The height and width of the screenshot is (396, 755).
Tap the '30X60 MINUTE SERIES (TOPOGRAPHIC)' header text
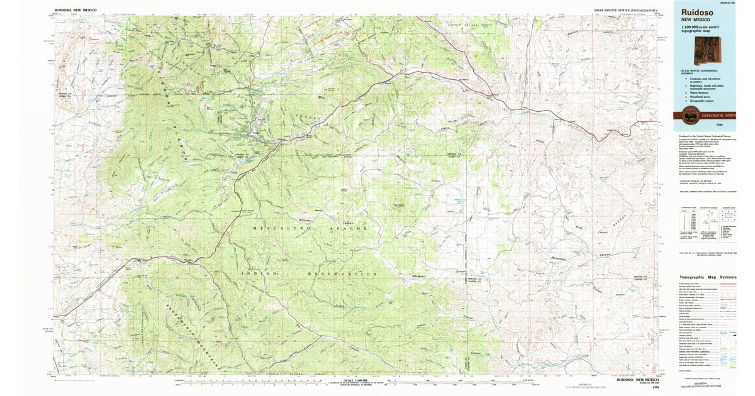point(628,11)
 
